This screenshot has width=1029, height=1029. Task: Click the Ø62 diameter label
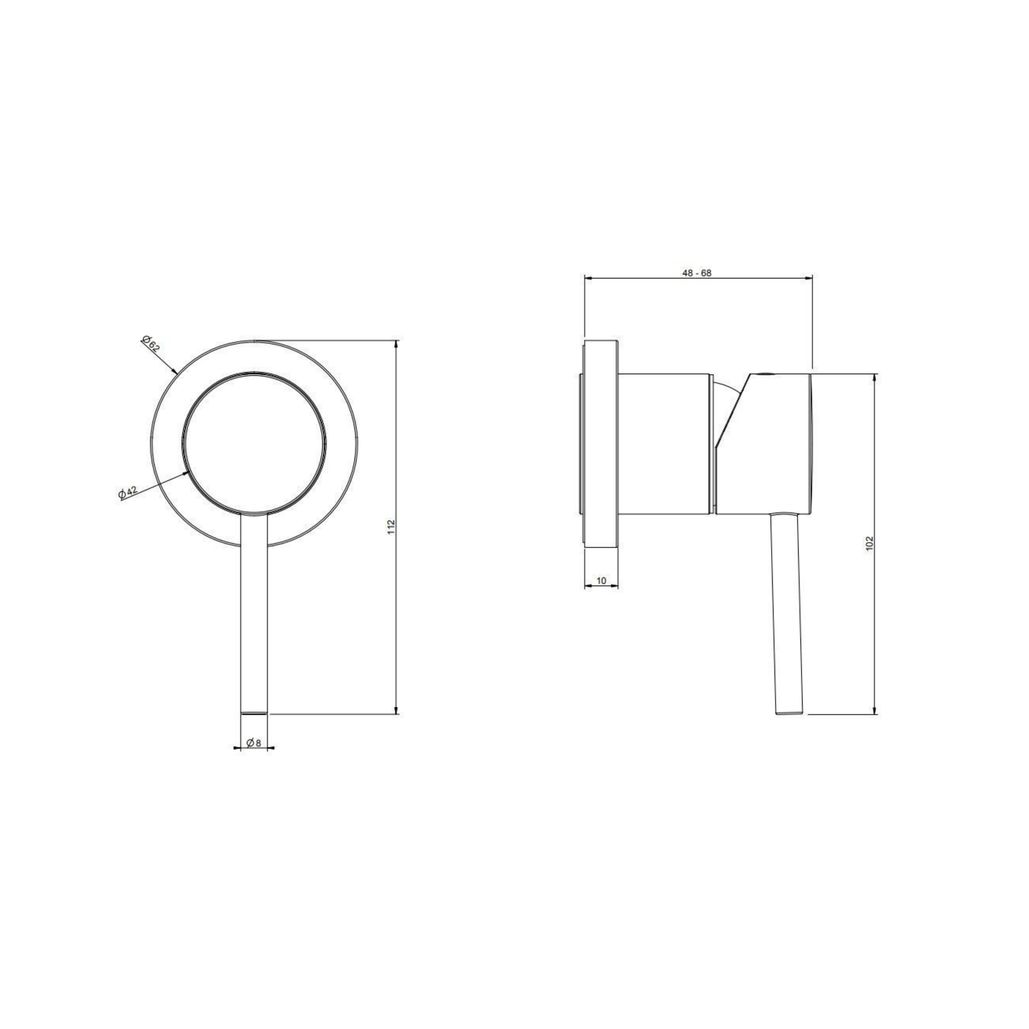pyautogui.click(x=151, y=344)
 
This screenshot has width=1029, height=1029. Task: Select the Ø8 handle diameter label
pyautogui.click(x=254, y=742)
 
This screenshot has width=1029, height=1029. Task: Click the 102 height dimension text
pyautogui.click(x=870, y=543)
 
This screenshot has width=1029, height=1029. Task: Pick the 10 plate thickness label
pyautogui.click(x=601, y=581)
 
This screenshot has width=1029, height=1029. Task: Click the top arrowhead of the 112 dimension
pyautogui.click(x=396, y=344)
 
